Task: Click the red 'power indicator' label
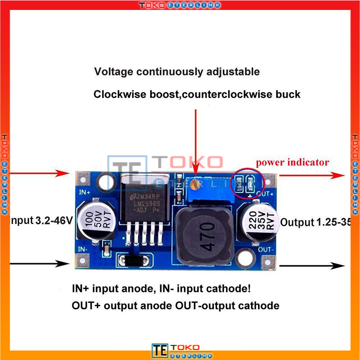292,162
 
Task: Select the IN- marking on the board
83,249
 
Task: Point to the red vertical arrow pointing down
195,144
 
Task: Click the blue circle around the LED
243,183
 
